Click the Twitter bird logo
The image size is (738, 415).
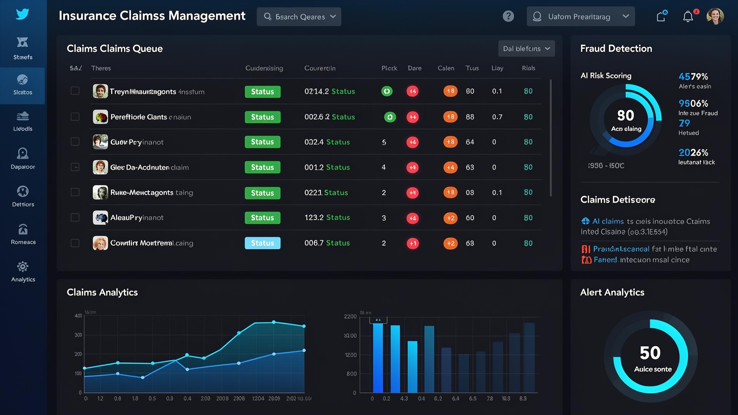click(22, 14)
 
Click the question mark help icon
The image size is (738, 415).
click(508, 16)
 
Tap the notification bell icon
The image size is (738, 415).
click(688, 17)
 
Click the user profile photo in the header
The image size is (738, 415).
click(715, 16)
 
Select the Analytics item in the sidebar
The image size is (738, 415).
click(23, 272)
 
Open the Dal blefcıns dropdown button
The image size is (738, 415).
click(526, 48)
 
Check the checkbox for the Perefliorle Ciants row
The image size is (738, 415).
click(75, 116)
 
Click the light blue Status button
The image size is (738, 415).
click(263, 243)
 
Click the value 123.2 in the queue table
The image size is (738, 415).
click(314, 217)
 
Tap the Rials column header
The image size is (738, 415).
click(528, 68)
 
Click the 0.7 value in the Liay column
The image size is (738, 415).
click(497, 117)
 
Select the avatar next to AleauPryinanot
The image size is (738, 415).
click(100, 217)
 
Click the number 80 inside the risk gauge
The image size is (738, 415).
click(625, 115)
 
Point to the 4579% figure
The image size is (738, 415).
click(693, 76)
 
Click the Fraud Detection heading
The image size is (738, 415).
click(616, 48)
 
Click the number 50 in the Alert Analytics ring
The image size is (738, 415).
click(650, 353)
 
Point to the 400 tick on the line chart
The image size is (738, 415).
click(78, 315)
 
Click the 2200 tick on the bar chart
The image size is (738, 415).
click(350, 316)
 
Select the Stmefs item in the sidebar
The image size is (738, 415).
click(23, 48)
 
